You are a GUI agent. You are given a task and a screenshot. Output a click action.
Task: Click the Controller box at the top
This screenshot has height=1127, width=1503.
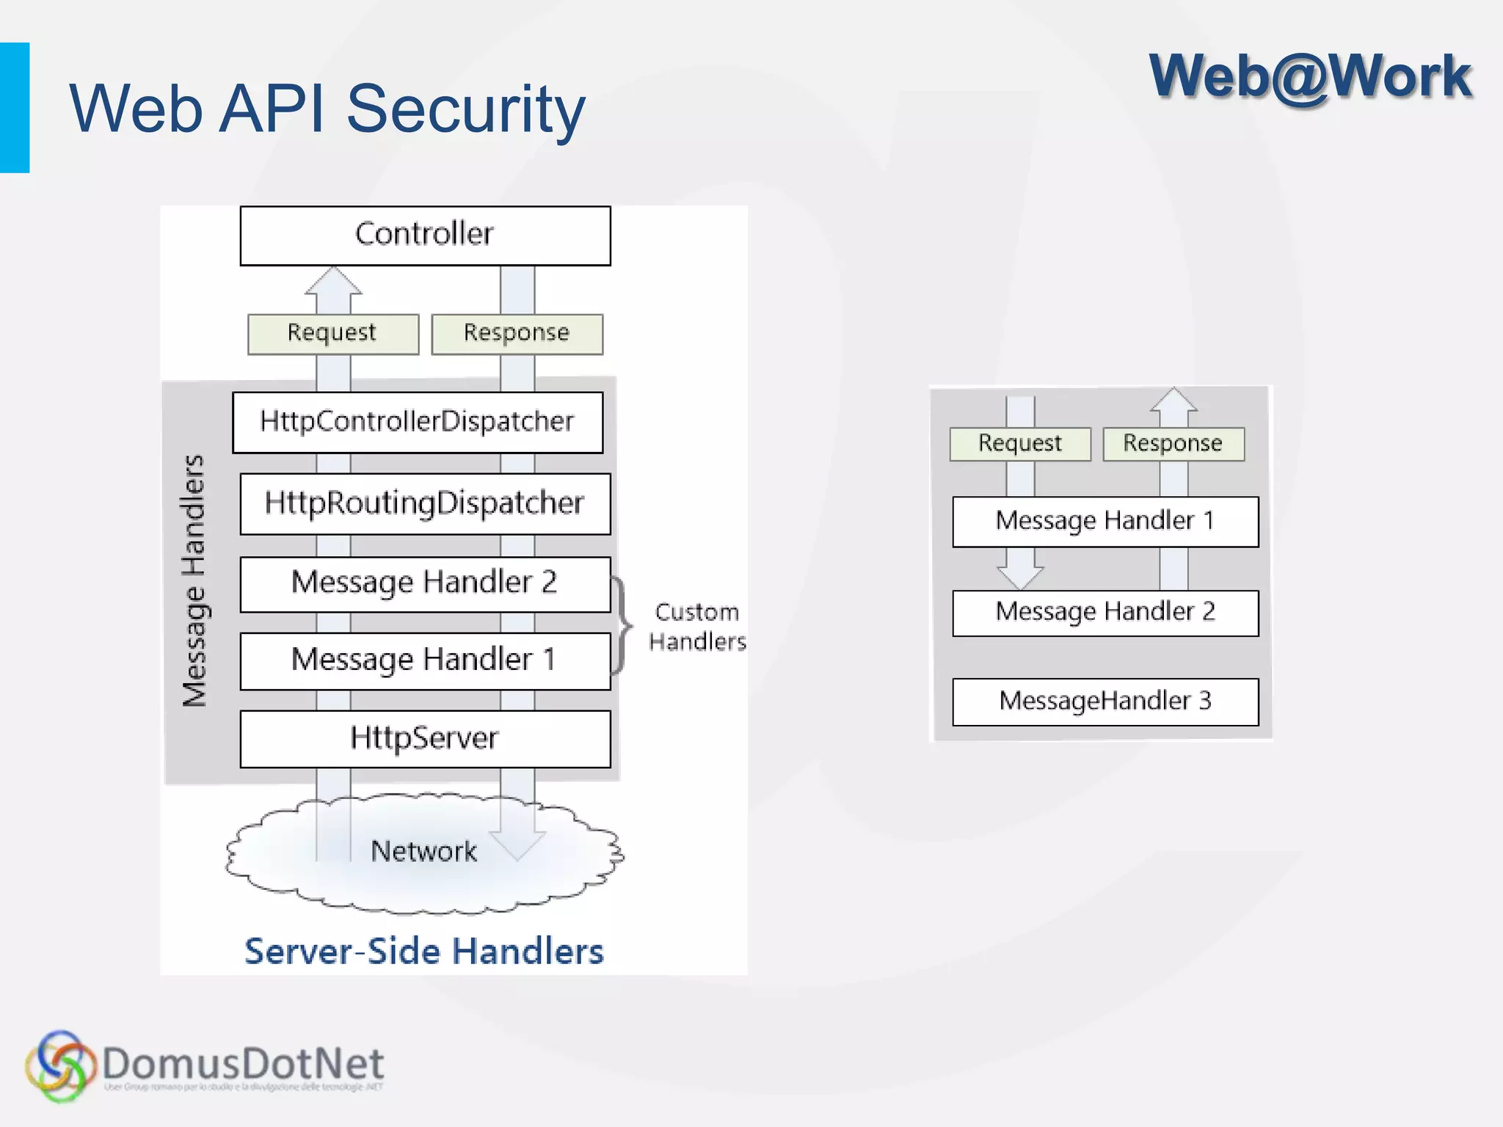click(x=425, y=236)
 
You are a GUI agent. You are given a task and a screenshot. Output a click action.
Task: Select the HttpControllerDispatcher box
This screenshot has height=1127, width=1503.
click(x=418, y=422)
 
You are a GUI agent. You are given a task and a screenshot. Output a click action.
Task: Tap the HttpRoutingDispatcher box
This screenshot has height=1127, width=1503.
click(x=425, y=503)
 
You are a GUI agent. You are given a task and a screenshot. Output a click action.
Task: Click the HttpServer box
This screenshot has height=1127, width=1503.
click(x=425, y=738)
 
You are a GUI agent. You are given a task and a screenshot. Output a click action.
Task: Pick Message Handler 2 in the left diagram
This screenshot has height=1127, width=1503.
click(x=425, y=583)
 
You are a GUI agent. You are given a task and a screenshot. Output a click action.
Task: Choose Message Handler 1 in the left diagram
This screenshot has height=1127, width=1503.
click(x=425, y=660)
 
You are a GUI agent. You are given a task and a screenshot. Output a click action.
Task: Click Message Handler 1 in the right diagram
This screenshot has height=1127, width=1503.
click(x=1104, y=521)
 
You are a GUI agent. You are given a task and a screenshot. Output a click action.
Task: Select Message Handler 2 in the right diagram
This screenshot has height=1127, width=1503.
click(x=1104, y=613)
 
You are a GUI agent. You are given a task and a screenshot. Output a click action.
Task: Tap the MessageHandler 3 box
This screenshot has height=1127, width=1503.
click(x=1104, y=701)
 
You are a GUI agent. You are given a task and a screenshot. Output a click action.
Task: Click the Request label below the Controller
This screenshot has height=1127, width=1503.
click(x=332, y=334)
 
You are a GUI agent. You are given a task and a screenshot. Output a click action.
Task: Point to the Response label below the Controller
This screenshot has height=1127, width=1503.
click(x=517, y=334)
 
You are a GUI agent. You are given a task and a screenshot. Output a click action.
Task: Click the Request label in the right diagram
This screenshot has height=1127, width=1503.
click(x=1019, y=444)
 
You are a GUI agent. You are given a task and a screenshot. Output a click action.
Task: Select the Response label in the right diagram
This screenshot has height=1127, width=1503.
click(x=1173, y=444)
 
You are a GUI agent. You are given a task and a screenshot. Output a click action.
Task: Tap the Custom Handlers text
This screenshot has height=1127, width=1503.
click(x=696, y=627)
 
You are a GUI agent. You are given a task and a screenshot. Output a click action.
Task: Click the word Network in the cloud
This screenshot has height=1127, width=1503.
click(x=423, y=851)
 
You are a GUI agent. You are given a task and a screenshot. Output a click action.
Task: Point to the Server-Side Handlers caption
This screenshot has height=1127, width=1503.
click(x=423, y=952)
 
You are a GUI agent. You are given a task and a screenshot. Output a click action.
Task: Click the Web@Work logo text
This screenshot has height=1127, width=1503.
click(x=1310, y=77)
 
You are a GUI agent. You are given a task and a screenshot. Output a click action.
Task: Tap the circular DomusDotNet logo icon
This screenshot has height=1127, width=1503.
click(x=60, y=1066)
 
